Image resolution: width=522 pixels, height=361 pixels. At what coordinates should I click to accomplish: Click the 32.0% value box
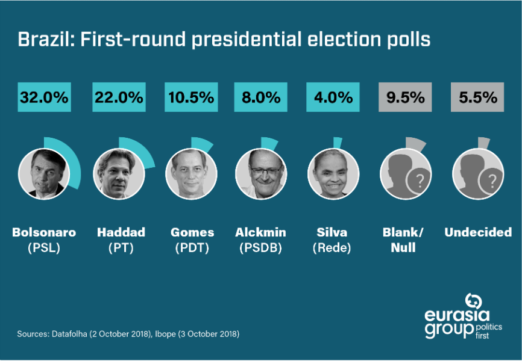44,97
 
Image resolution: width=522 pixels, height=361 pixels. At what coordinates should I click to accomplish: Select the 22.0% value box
118,97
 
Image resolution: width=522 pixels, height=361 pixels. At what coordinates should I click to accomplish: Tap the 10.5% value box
190,97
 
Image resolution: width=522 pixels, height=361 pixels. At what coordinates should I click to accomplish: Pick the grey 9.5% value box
405,97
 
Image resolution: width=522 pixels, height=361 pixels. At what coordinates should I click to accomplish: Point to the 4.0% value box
333,97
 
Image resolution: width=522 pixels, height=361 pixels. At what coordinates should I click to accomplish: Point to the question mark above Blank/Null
420,180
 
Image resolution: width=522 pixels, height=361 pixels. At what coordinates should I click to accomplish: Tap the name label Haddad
121,232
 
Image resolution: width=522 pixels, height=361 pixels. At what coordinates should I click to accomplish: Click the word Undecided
477,232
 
